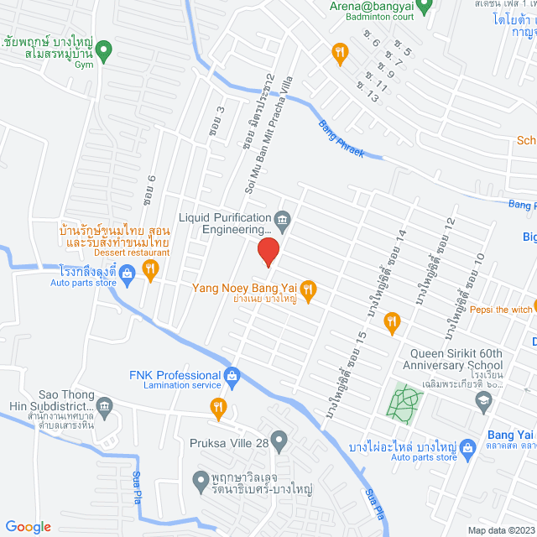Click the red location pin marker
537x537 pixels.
click(x=268, y=252)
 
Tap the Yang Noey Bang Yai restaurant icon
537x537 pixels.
click(x=308, y=290)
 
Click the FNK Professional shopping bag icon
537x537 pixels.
click(x=233, y=375)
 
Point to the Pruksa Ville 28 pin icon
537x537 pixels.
click(x=279, y=439)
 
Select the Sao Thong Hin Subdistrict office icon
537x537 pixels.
click(x=104, y=405)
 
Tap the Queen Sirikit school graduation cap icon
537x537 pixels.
click(x=483, y=403)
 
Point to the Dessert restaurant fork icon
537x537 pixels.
click(x=150, y=269)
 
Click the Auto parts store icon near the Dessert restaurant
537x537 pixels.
click(x=127, y=272)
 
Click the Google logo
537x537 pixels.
click(x=28, y=526)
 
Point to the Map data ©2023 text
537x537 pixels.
click(x=500, y=529)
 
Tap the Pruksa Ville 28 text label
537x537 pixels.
click(x=227, y=439)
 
